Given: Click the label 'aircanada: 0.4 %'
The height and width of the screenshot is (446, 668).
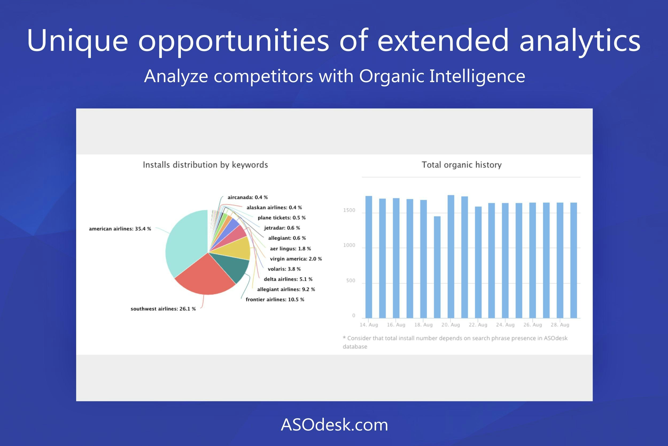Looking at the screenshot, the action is click(x=248, y=197).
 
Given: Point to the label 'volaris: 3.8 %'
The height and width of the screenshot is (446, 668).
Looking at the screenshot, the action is click(x=284, y=269).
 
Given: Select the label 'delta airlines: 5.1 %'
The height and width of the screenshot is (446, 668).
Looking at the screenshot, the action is click(x=288, y=279).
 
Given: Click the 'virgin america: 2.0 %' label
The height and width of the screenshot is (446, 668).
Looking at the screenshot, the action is click(x=296, y=258).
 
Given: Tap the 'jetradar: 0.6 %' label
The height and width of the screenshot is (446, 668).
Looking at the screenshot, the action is click(x=282, y=228).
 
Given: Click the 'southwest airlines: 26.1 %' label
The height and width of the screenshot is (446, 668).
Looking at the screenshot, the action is click(x=163, y=309).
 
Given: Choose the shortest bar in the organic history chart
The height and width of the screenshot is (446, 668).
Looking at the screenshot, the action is click(x=437, y=267).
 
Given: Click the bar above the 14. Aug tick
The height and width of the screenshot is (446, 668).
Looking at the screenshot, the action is click(x=369, y=257).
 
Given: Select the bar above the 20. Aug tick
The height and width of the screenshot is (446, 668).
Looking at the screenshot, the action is click(x=451, y=257).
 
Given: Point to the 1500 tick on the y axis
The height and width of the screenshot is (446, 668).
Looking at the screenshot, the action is click(x=349, y=210).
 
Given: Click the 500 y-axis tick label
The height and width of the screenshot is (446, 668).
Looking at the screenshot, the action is click(x=351, y=280).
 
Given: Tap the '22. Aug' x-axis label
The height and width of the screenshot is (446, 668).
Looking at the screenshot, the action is click(x=478, y=325).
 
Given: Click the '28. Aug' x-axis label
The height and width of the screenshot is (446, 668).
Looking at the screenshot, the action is click(x=560, y=325).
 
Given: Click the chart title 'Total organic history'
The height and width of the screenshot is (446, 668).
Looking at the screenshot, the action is click(x=461, y=165).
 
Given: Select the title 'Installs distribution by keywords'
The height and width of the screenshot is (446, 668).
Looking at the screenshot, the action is click(x=205, y=165).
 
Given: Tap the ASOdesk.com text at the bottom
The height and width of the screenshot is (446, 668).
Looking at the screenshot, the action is click(x=334, y=425).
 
